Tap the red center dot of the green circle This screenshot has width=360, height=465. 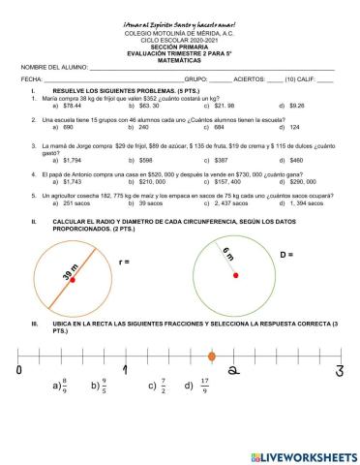tap(235, 275)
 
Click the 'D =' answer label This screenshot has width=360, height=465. tap(286, 255)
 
